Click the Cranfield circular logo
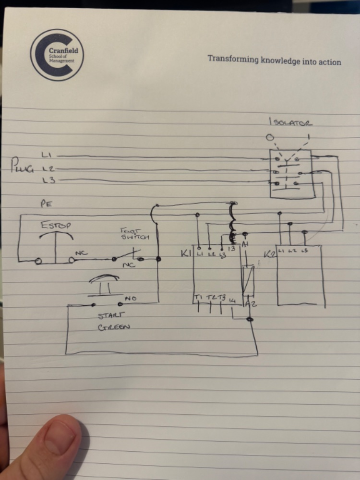coord(57,54)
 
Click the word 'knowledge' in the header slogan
coord(283,61)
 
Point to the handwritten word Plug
coord(24,168)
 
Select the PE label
coord(46,204)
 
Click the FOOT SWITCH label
coord(135,234)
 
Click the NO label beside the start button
coord(130,299)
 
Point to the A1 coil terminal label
coord(246,245)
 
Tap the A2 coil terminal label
coord(251,304)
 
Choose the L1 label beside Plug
coord(47,155)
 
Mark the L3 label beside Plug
coord(47,180)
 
